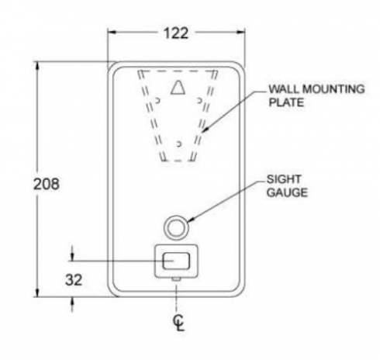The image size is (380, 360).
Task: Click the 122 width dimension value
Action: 176,33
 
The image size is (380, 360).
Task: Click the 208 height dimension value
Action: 47,184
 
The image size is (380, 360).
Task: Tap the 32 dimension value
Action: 74,280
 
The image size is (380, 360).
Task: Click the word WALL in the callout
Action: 284,89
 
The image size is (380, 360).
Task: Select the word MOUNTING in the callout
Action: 333,89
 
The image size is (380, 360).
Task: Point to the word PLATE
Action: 286,102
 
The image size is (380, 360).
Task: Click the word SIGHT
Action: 284,179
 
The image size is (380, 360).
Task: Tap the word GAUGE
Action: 287,192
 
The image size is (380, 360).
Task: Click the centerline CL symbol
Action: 179,323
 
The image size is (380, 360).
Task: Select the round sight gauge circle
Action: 176,216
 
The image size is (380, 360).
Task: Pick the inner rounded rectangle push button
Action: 176,261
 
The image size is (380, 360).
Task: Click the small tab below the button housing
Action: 176,279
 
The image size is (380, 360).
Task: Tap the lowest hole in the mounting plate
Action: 178,144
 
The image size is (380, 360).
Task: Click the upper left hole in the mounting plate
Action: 157,100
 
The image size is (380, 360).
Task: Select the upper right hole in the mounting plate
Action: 199,100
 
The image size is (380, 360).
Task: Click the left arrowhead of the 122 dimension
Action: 112,33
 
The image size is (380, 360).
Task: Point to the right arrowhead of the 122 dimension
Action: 241,33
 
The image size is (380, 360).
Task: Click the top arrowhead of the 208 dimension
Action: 38,66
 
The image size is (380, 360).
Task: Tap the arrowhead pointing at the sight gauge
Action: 191,220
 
